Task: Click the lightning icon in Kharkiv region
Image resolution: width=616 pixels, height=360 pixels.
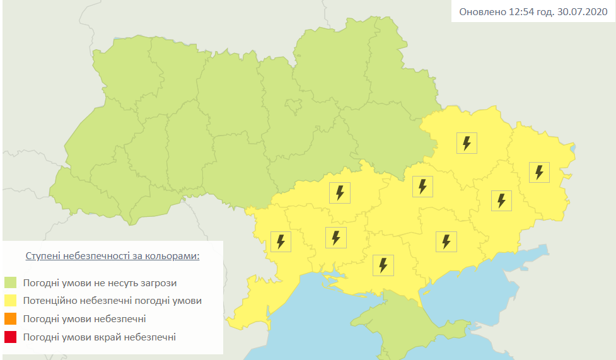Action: click(467, 143)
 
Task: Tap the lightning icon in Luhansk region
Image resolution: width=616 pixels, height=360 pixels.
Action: click(539, 171)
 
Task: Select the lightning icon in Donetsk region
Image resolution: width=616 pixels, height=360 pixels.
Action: click(501, 200)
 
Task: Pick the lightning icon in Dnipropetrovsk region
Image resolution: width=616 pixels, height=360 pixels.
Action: click(422, 187)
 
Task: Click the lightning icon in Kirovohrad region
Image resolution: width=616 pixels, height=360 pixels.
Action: click(340, 192)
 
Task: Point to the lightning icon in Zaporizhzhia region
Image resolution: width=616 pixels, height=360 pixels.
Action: click(446, 241)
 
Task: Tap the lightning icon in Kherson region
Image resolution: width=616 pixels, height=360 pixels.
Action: click(383, 265)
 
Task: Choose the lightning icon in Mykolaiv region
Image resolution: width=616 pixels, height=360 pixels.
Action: click(335, 238)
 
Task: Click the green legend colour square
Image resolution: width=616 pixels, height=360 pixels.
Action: click(11, 282)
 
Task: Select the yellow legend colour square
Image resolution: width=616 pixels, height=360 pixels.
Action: click(11, 301)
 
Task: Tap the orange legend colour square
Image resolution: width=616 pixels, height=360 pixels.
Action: click(11, 319)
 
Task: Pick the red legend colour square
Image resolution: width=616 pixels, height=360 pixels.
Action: click(11, 337)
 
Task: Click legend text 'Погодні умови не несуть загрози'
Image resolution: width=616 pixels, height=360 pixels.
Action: click(100, 282)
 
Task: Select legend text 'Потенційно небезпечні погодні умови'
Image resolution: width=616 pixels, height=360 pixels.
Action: click(112, 301)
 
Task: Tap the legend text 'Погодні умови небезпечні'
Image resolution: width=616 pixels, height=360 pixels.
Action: click(84, 319)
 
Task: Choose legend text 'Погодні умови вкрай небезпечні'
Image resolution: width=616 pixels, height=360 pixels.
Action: click(99, 337)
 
